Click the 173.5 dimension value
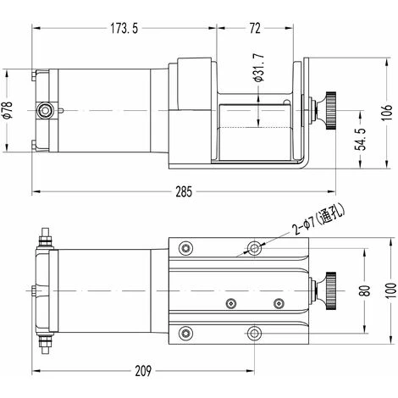[124, 29]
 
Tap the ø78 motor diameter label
[8, 110]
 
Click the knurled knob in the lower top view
[329, 289]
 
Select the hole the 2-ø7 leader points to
[254, 247]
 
